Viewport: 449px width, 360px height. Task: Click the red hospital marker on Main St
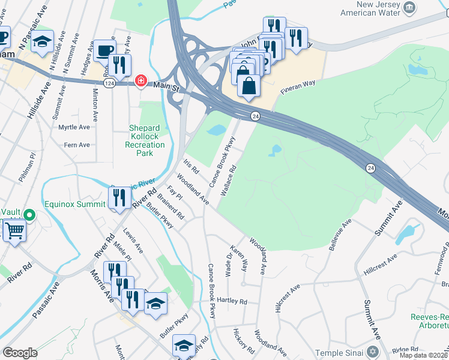click(140, 80)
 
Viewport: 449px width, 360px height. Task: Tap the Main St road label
click(168, 88)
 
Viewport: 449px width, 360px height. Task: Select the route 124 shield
click(109, 82)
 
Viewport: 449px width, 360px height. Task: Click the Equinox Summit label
click(75, 203)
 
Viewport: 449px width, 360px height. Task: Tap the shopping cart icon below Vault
click(14, 230)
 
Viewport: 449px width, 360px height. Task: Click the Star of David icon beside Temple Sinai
click(373, 350)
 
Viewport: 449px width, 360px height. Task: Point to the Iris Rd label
click(191, 166)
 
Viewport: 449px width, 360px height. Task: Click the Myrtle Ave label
click(74, 127)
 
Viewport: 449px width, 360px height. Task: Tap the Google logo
click(20, 353)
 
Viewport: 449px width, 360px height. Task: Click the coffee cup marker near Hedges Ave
click(105, 50)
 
